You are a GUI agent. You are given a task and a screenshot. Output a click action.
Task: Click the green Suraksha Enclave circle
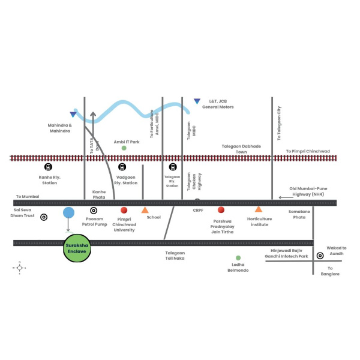tap(77, 248)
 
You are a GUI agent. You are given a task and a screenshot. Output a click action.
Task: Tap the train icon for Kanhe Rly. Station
tap(48, 167)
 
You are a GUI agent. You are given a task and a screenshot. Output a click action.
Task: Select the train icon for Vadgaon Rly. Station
tap(123, 167)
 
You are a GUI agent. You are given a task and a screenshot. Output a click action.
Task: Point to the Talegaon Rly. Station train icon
tap(173, 167)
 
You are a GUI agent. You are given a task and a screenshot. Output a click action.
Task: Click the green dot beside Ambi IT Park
tap(124, 148)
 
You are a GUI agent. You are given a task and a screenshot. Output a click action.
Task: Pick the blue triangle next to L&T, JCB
tap(197, 101)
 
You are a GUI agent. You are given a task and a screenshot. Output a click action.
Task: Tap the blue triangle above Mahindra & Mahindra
tap(73, 115)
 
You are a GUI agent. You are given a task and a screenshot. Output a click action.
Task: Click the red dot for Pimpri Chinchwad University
tap(124, 210)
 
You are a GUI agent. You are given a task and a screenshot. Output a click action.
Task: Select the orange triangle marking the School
tap(145, 210)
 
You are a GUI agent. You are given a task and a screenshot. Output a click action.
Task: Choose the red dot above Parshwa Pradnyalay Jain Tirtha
tap(221, 210)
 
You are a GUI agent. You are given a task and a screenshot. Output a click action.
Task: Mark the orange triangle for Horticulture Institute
tap(259, 209)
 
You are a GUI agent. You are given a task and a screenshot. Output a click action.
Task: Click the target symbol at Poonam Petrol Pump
tap(94, 211)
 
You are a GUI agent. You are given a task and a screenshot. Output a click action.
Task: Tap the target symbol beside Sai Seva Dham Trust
tap(44, 217)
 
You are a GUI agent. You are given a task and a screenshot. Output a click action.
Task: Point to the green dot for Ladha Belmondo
tap(238, 257)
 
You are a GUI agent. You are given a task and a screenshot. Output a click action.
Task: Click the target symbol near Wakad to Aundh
tap(320, 255)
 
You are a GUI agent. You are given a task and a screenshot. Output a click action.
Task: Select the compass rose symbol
tap(20, 268)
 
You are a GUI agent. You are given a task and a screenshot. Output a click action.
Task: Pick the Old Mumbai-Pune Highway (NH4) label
tap(310, 191)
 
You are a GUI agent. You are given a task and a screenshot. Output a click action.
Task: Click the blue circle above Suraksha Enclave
tap(68, 212)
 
